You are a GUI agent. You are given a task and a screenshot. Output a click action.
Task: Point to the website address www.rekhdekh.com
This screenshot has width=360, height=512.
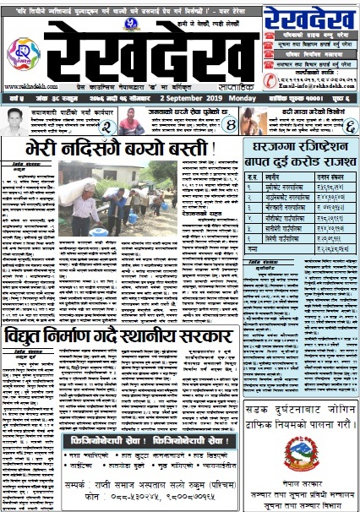[25, 86]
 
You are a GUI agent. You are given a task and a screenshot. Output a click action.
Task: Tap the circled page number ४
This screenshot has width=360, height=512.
[228, 126]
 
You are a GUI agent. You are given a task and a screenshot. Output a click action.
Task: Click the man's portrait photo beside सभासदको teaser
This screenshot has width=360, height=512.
[15, 123]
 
